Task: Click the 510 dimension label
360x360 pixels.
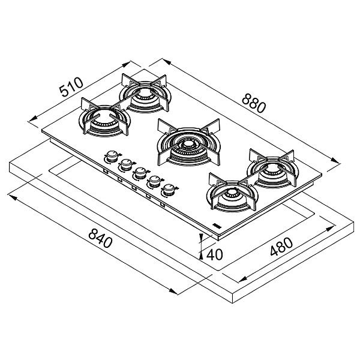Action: pos(71,87)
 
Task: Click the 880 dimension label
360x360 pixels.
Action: pos(254,103)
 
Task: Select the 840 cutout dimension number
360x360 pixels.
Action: pos(100,238)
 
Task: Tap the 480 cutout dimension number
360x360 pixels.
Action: pos(281,247)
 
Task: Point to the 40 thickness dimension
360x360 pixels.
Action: pos(214,254)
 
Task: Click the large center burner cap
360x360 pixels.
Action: pos(188,145)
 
